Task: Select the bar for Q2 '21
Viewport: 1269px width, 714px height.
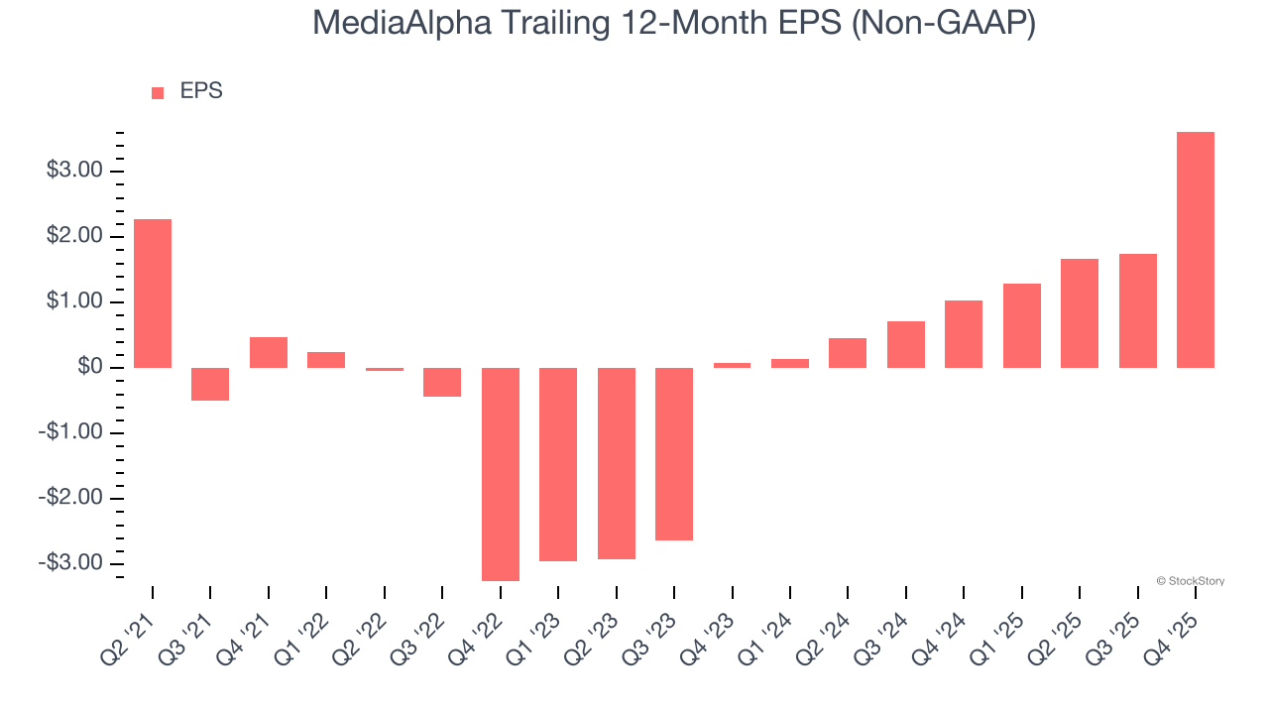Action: pyautogui.click(x=153, y=294)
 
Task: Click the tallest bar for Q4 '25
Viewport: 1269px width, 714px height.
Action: pyautogui.click(x=1196, y=250)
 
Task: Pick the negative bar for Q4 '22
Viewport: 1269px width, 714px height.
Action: pyautogui.click(x=501, y=474)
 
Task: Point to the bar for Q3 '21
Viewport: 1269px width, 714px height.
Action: pyautogui.click(x=210, y=384)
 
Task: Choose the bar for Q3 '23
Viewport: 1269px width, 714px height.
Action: pyautogui.click(x=674, y=454)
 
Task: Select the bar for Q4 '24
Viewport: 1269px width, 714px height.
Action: pyautogui.click(x=964, y=334)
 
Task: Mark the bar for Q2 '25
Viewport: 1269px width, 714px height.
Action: pyautogui.click(x=1080, y=313)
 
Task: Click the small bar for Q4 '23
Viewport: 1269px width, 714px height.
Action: pyautogui.click(x=732, y=365)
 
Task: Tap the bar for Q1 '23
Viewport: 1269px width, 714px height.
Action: pyautogui.click(x=558, y=464)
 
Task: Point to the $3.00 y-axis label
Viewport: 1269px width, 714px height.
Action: pyautogui.click(x=74, y=171)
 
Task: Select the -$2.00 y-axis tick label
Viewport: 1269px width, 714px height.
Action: pyautogui.click(x=71, y=498)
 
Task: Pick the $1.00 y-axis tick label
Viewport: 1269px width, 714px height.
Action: pyautogui.click(x=74, y=301)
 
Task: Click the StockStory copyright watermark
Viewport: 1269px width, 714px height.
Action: pyautogui.click(x=1190, y=581)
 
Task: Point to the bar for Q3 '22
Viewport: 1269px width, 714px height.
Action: pyautogui.click(x=442, y=382)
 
